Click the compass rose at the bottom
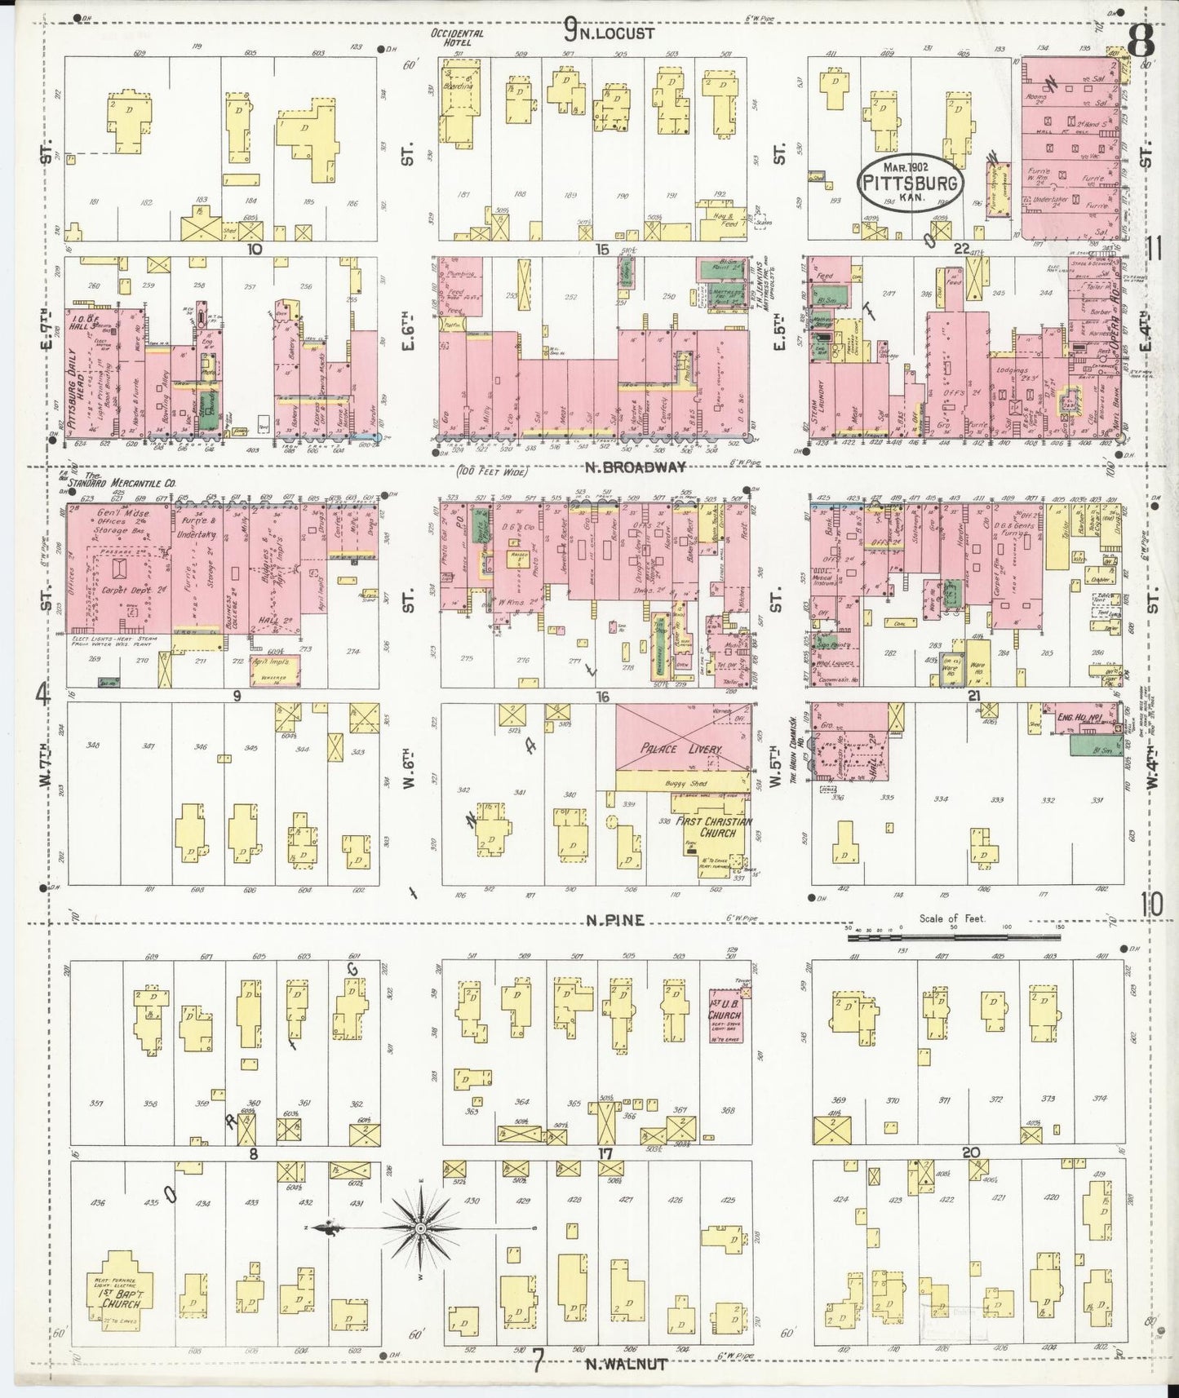pyautogui.click(x=419, y=1228)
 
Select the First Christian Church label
pyautogui.click(x=714, y=828)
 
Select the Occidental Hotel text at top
pyautogui.click(x=458, y=38)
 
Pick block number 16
pyautogui.click(x=603, y=696)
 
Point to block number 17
pyautogui.click(x=605, y=1153)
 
